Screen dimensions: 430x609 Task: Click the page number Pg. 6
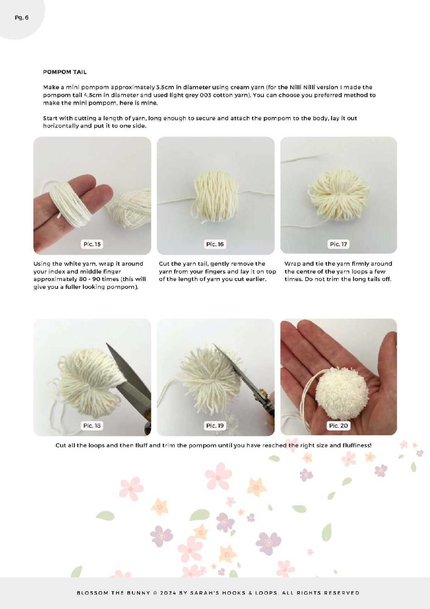[x=21, y=18]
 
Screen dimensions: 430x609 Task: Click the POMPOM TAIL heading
[x=65, y=72]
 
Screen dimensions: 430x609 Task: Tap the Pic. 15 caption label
[x=92, y=244]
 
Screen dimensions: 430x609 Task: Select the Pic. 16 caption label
[x=215, y=244]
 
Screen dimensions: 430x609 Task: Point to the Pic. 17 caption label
[x=338, y=244]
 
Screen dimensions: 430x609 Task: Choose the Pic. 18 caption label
[x=92, y=426]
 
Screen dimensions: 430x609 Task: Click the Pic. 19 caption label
[x=215, y=426]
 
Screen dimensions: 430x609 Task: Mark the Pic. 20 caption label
[x=338, y=426]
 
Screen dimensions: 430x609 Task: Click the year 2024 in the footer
[x=168, y=593]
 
